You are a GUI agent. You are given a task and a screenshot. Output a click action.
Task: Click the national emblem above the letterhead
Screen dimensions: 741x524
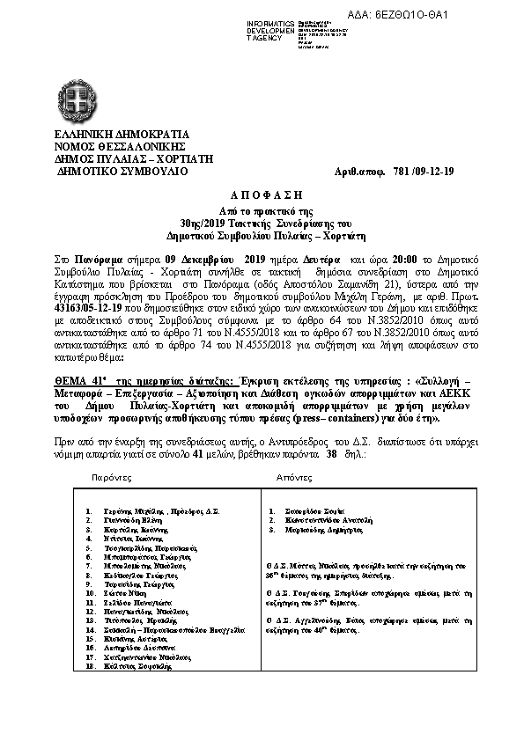(x=75, y=95)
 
